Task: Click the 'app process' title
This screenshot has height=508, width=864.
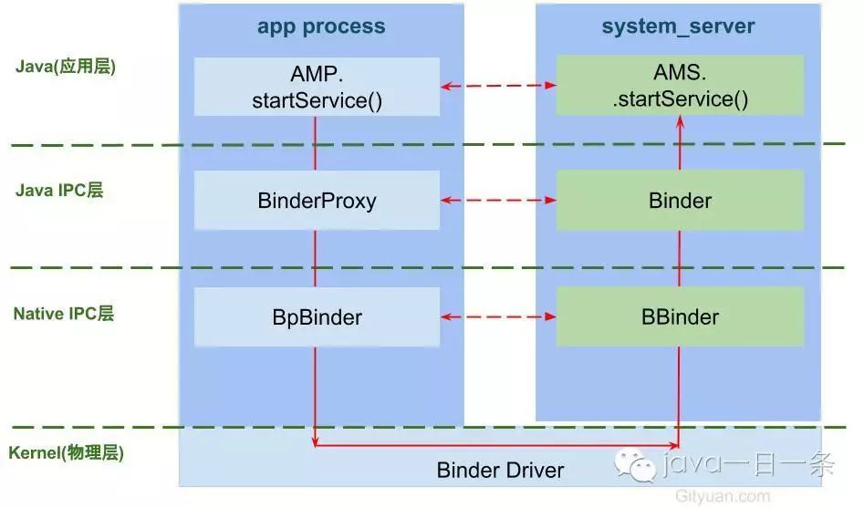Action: pyautogui.click(x=320, y=26)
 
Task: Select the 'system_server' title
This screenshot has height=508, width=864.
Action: pyautogui.click(x=677, y=26)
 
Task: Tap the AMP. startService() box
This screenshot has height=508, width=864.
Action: pyautogui.click(x=317, y=88)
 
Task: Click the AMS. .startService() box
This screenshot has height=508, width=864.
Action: pyautogui.click(x=680, y=88)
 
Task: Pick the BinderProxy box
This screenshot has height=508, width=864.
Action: pyautogui.click(x=317, y=200)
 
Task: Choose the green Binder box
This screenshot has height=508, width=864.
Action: pyautogui.click(x=680, y=200)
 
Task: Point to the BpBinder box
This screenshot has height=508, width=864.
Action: pyautogui.click(x=317, y=317)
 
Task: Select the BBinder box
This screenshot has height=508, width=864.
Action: pyautogui.click(x=680, y=317)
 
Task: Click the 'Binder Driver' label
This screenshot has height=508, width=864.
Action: pyautogui.click(x=500, y=471)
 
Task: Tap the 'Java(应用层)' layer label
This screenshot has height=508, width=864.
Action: pyautogui.click(x=66, y=67)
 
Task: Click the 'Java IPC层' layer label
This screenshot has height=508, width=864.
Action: pyautogui.click(x=59, y=191)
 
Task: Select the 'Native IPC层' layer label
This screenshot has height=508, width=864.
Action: pyautogui.click(x=64, y=314)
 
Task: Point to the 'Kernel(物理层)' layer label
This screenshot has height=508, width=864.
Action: pyautogui.click(x=66, y=452)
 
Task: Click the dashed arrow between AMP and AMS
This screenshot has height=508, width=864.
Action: pyautogui.click(x=498, y=86)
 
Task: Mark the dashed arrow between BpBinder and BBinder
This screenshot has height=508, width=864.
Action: pyautogui.click(x=498, y=317)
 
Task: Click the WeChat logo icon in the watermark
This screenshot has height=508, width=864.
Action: pyautogui.click(x=636, y=466)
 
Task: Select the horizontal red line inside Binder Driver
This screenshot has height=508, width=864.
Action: pyautogui.click(x=497, y=446)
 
